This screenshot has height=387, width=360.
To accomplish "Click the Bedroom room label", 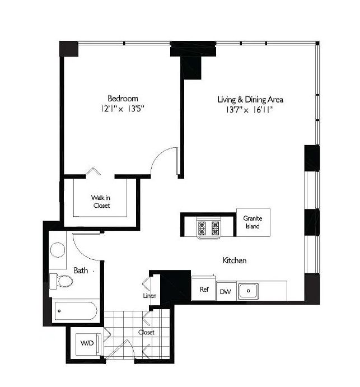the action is click(123, 99).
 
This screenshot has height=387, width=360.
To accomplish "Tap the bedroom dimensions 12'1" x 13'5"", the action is click(122, 109).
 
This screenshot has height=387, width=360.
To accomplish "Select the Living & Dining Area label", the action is click(250, 100).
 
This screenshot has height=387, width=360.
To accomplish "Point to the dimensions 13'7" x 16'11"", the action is click(250, 110).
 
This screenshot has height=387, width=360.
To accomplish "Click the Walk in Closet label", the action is click(101, 202).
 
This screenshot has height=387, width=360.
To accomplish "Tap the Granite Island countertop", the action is click(253, 222).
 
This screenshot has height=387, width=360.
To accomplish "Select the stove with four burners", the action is click(208, 228).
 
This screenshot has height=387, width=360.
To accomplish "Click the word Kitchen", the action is click(235, 260).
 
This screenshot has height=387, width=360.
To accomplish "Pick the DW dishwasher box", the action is click(226, 291).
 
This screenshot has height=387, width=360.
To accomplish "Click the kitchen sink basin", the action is click(248, 291).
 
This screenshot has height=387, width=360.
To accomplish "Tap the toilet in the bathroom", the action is click(61, 281).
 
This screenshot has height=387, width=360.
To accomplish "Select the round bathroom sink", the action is click(58, 250).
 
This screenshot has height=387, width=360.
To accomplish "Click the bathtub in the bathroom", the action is click(76, 311).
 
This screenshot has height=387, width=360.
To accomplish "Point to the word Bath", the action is click(81, 271).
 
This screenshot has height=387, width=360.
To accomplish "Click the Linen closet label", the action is click(149, 296).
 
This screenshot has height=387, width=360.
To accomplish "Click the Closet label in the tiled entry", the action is click(146, 332).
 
